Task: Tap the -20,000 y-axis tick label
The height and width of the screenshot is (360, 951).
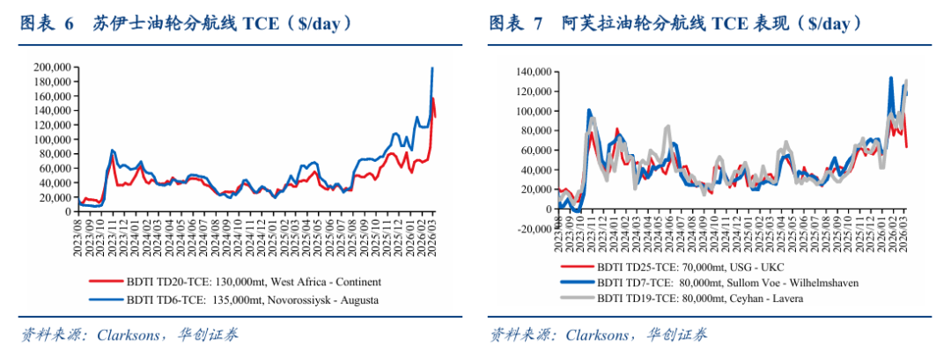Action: [527, 229]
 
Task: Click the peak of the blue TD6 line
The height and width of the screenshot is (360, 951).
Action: [431, 68]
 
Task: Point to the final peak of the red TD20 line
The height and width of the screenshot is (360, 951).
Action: [433, 99]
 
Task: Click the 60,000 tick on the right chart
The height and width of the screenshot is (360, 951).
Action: [530, 151]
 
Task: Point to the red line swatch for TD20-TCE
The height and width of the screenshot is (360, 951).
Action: [104, 283]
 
